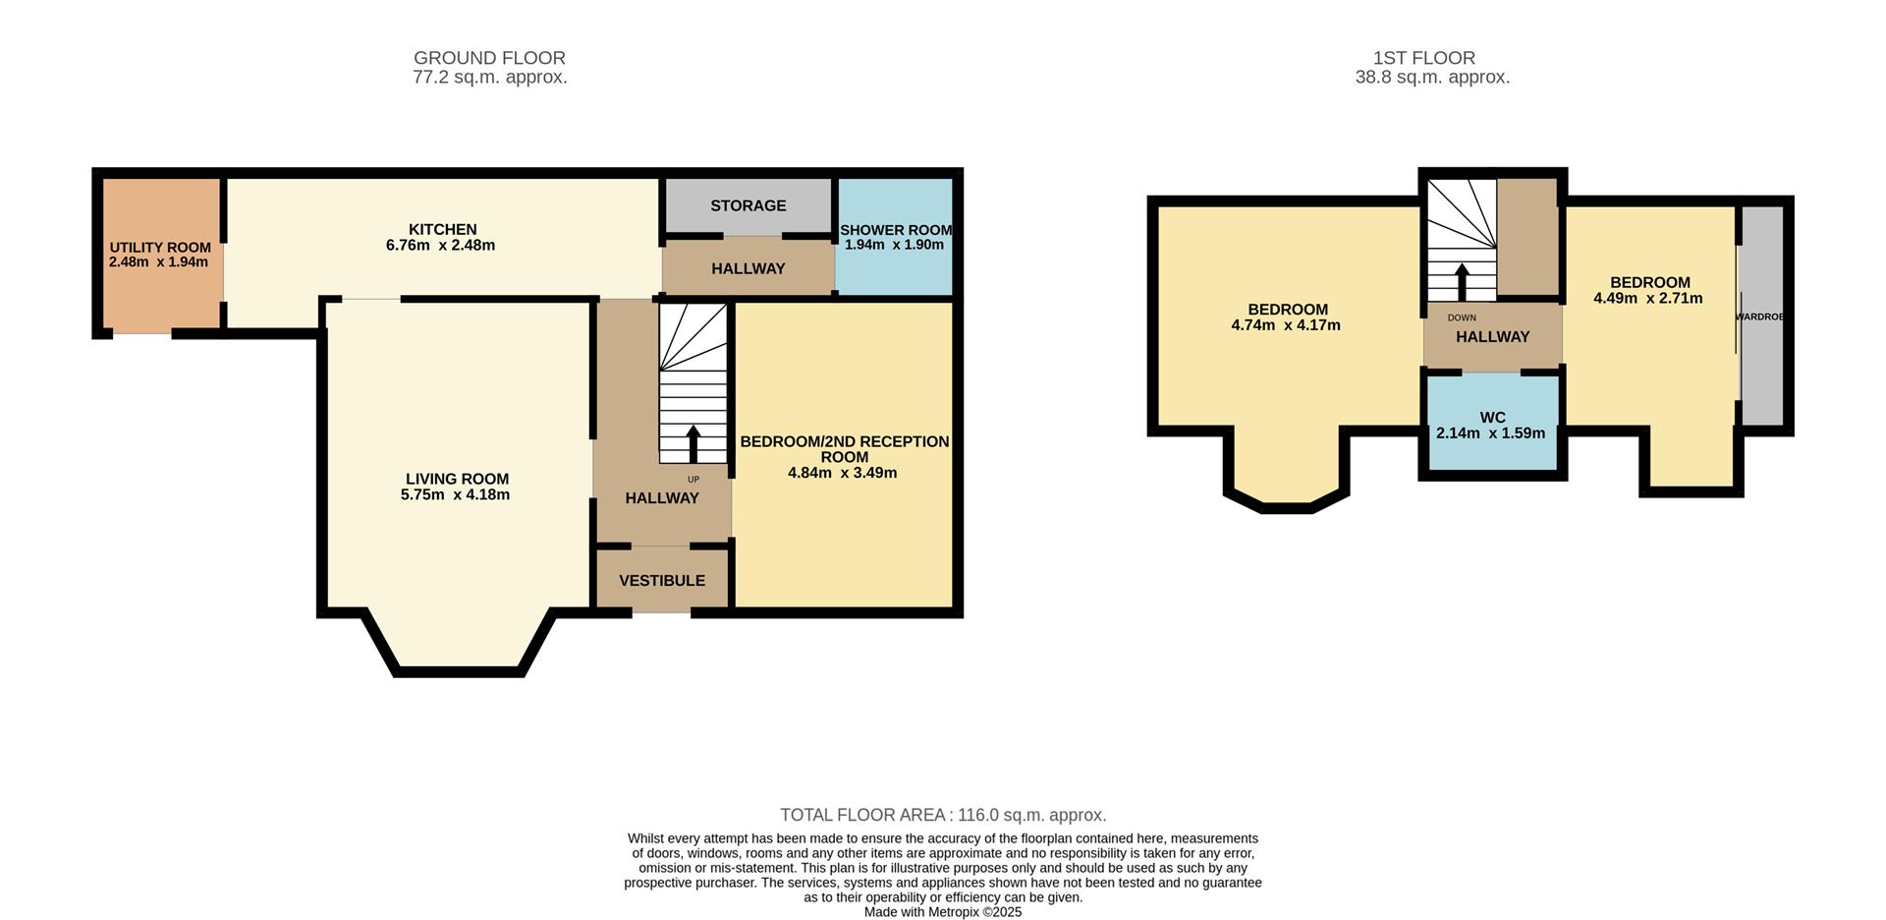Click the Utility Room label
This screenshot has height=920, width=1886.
coord(160,248)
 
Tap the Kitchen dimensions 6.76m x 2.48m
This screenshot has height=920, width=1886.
coord(440,246)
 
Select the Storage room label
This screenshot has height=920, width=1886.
coord(748,205)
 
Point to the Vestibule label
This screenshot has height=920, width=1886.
coord(661,581)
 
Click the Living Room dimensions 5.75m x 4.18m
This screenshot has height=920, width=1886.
coord(455,495)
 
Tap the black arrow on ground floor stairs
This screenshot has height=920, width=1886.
coord(693,444)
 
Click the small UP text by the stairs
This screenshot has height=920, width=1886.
coord(693,480)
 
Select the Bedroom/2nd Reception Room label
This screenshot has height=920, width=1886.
coord(844,449)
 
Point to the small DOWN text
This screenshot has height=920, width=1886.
coord(1462,317)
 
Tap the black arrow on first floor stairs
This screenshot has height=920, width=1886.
coord(1462,283)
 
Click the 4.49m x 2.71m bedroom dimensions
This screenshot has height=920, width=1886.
coord(1647,299)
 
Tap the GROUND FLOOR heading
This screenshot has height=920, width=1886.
coord(489,58)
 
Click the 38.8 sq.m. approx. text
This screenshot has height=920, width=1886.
coord(1431,78)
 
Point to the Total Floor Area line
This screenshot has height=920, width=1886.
coord(943,815)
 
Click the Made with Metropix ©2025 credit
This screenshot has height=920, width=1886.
coord(943,912)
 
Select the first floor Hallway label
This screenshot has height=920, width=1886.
coord(1492,337)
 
